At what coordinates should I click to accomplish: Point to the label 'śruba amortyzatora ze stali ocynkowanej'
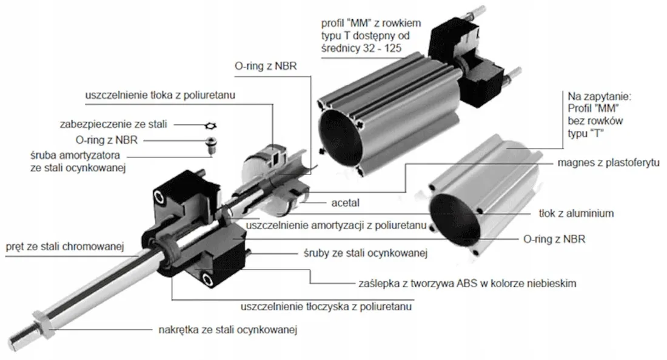coord(78,162)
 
